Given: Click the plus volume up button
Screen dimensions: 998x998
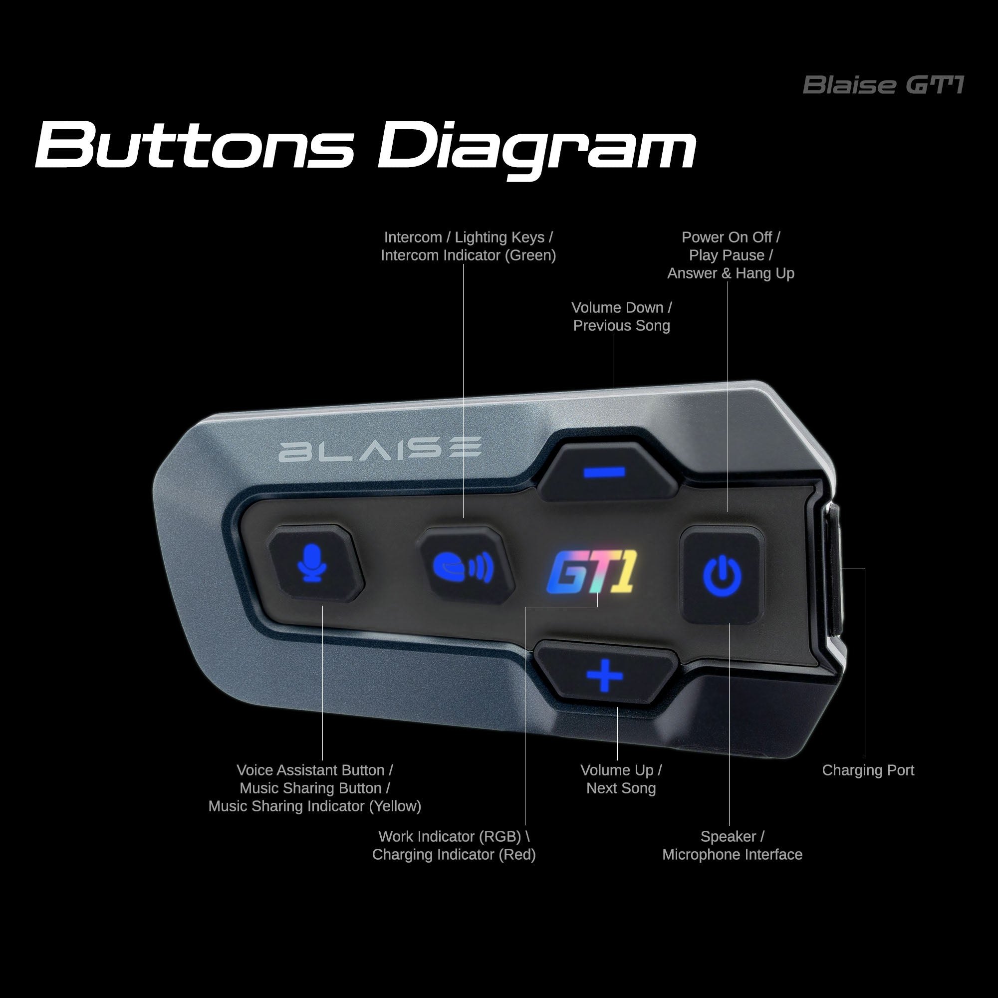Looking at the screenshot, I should pos(604,675).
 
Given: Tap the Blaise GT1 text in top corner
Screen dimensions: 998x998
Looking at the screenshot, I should pos(883,85).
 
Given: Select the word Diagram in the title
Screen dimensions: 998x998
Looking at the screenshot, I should pos(537,147).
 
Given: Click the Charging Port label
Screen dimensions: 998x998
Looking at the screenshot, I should pos(868,770).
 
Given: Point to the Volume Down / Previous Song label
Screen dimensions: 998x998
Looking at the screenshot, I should pos(621,316).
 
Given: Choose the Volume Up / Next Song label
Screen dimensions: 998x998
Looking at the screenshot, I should pos(621,779).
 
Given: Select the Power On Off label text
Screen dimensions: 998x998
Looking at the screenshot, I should pos(731,237).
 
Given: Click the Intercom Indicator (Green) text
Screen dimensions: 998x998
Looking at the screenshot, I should pos(468,255).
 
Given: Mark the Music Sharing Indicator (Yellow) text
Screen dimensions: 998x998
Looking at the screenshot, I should pos(314,806).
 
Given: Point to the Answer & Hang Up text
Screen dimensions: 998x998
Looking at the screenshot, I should pos(731,273).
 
